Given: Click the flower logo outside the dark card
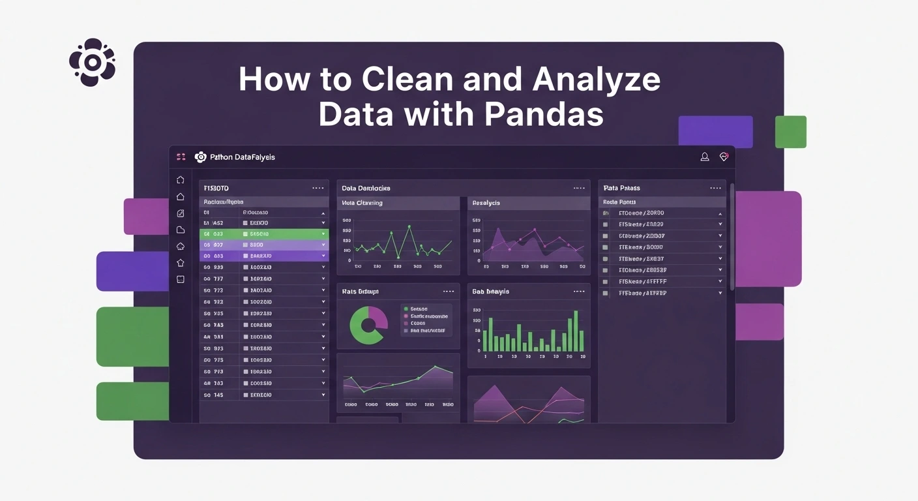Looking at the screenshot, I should (x=93, y=63).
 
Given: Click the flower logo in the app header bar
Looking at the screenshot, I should (x=201, y=157).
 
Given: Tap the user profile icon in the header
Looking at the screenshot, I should (x=705, y=157).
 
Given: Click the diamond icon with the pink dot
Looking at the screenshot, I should (x=723, y=157).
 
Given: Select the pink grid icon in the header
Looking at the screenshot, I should (x=181, y=157).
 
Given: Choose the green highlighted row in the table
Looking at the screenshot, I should (x=264, y=234).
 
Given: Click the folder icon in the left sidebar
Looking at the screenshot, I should (x=181, y=230).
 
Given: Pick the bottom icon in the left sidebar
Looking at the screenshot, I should (x=181, y=279).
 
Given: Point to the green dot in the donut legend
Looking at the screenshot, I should (x=406, y=309).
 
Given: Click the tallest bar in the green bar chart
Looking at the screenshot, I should (x=576, y=331).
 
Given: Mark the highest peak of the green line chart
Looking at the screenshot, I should (x=409, y=226).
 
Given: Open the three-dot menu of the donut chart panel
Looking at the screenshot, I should (x=448, y=292).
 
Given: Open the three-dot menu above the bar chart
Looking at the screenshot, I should (x=579, y=292).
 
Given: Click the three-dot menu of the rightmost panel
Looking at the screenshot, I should (x=716, y=188).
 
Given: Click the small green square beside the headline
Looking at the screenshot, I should (x=790, y=132).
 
